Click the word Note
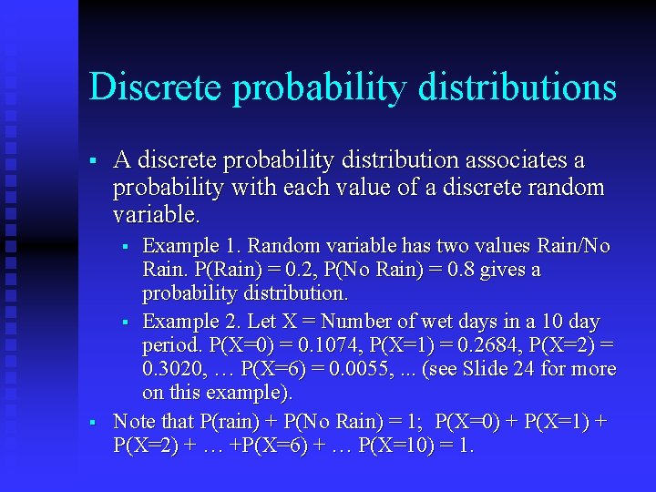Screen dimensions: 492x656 [133, 422]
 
